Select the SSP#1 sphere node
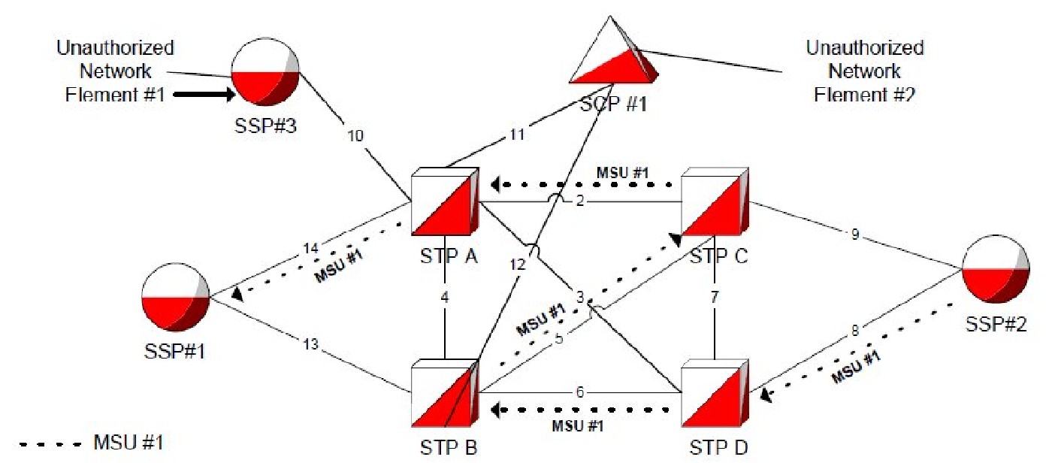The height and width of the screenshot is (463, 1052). tap(173, 297)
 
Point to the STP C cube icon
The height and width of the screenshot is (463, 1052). tap(715, 201)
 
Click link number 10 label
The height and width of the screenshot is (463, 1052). tap(355, 136)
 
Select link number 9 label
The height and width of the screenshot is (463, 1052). tap(855, 234)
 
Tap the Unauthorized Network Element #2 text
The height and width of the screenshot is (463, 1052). tap(864, 71)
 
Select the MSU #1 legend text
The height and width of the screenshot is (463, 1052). tap(128, 443)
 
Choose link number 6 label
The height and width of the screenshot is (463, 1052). tap(579, 391)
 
